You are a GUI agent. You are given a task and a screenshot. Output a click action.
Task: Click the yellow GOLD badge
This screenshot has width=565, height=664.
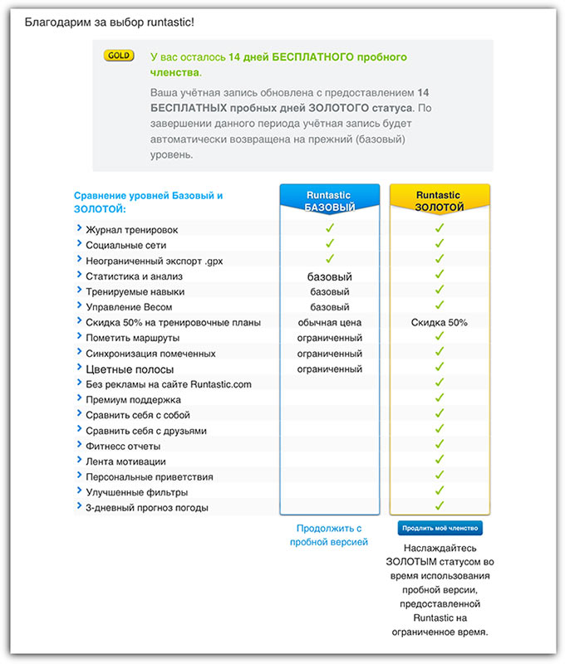(x=119, y=56)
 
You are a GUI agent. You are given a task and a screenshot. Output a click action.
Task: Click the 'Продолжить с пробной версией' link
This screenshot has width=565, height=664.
(x=329, y=535)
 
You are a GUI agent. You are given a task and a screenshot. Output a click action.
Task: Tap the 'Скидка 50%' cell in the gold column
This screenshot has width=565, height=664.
(x=440, y=322)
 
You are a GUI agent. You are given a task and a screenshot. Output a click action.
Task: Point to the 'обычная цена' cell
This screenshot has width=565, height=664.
(x=330, y=322)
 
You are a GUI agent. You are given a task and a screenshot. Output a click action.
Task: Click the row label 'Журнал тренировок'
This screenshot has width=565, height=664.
(x=131, y=230)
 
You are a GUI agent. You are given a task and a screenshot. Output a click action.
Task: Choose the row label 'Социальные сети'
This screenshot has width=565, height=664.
(x=125, y=246)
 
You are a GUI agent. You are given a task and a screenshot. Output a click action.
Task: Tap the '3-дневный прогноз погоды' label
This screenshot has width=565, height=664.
(x=147, y=508)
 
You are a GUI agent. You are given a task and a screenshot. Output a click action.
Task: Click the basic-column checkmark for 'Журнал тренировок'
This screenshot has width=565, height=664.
(x=330, y=227)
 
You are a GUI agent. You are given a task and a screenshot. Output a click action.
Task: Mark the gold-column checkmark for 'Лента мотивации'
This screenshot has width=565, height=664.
(x=440, y=459)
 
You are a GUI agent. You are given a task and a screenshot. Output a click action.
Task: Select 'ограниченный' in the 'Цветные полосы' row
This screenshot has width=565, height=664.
(x=330, y=369)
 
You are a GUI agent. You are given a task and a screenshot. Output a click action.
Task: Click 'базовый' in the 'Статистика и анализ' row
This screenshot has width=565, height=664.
(x=330, y=276)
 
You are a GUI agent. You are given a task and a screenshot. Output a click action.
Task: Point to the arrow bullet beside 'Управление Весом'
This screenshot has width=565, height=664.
(x=79, y=306)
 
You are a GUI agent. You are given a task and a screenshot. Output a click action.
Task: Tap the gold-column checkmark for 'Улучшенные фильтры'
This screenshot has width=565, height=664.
(x=440, y=490)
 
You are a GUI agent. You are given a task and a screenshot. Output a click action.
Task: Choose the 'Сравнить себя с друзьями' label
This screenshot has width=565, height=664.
(x=146, y=431)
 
